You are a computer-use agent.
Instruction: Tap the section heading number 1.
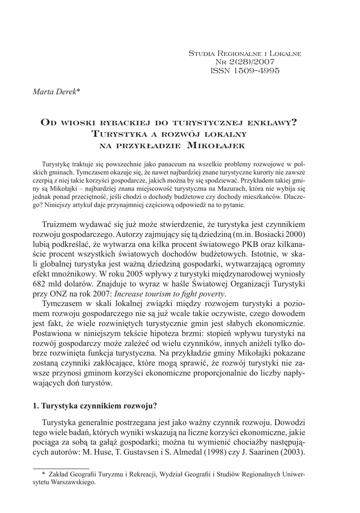point(36,405)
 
